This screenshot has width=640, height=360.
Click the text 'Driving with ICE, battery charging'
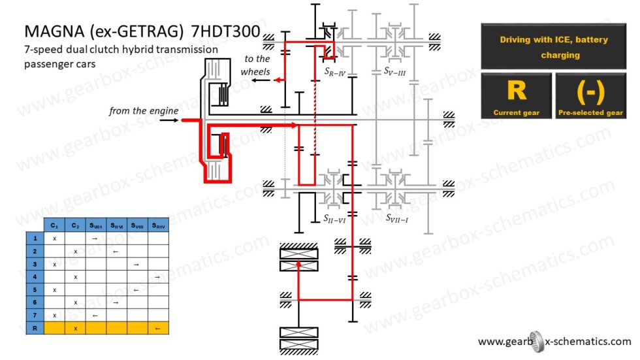[x=553, y=47]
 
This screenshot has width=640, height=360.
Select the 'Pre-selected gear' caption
[x=590, y=113]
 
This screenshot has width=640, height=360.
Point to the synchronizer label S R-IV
[x=334, y=72]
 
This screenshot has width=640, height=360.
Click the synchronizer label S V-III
[x=394, y=71]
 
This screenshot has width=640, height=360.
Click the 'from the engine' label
[x=144, y=111]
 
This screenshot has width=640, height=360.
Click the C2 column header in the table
[x=76, y=226]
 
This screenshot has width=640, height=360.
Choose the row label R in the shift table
[x=34, y=328]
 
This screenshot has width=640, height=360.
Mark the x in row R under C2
[x=76, y=328]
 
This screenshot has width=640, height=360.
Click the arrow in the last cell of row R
[x=157, y=328]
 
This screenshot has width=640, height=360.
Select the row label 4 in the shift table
[x=34, y=276]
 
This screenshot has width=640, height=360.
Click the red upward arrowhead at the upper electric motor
[x=298, y=264]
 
